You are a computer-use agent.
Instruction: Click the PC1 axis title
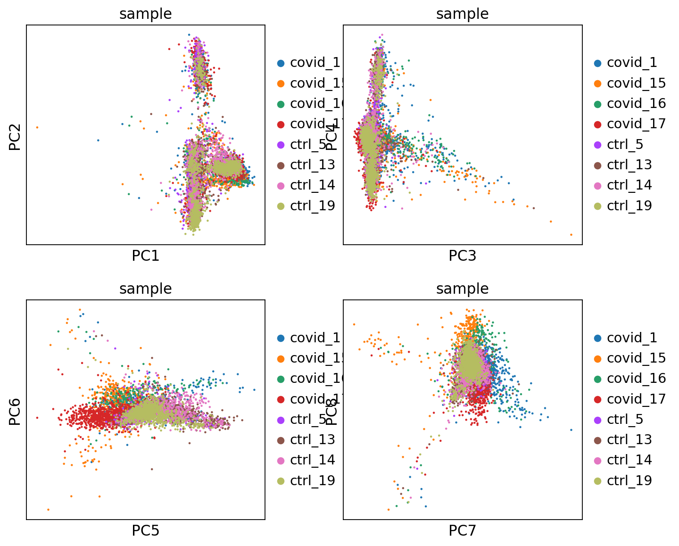pos(145,256)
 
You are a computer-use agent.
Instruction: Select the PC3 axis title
pos(462,256)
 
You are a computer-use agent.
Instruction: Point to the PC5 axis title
pos(145,531)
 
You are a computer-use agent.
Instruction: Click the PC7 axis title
pos(462,531)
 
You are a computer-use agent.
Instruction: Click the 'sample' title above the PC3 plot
pos(462,14)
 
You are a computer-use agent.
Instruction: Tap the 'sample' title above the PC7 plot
pos(462,289)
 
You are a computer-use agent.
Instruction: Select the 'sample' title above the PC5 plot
pos(145,289)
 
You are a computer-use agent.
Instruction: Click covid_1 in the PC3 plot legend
pos(631,63)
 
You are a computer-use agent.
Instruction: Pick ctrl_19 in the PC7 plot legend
pos(629,480)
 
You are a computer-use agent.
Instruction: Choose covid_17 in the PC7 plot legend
pos(636,399)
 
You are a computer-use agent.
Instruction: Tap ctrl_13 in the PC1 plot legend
pos(312,165)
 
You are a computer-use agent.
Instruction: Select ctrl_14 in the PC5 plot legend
pos(312,460)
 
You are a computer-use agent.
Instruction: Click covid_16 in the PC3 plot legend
pos(636,104)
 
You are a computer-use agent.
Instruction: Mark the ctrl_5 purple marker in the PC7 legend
pos(598,420)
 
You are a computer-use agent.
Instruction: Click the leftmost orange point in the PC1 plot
pos(37,127)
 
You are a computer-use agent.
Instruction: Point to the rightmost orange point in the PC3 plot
pos(571,234)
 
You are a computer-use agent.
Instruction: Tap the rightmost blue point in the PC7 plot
pos(571,430)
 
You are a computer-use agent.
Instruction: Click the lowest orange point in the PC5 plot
pos(48,509)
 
